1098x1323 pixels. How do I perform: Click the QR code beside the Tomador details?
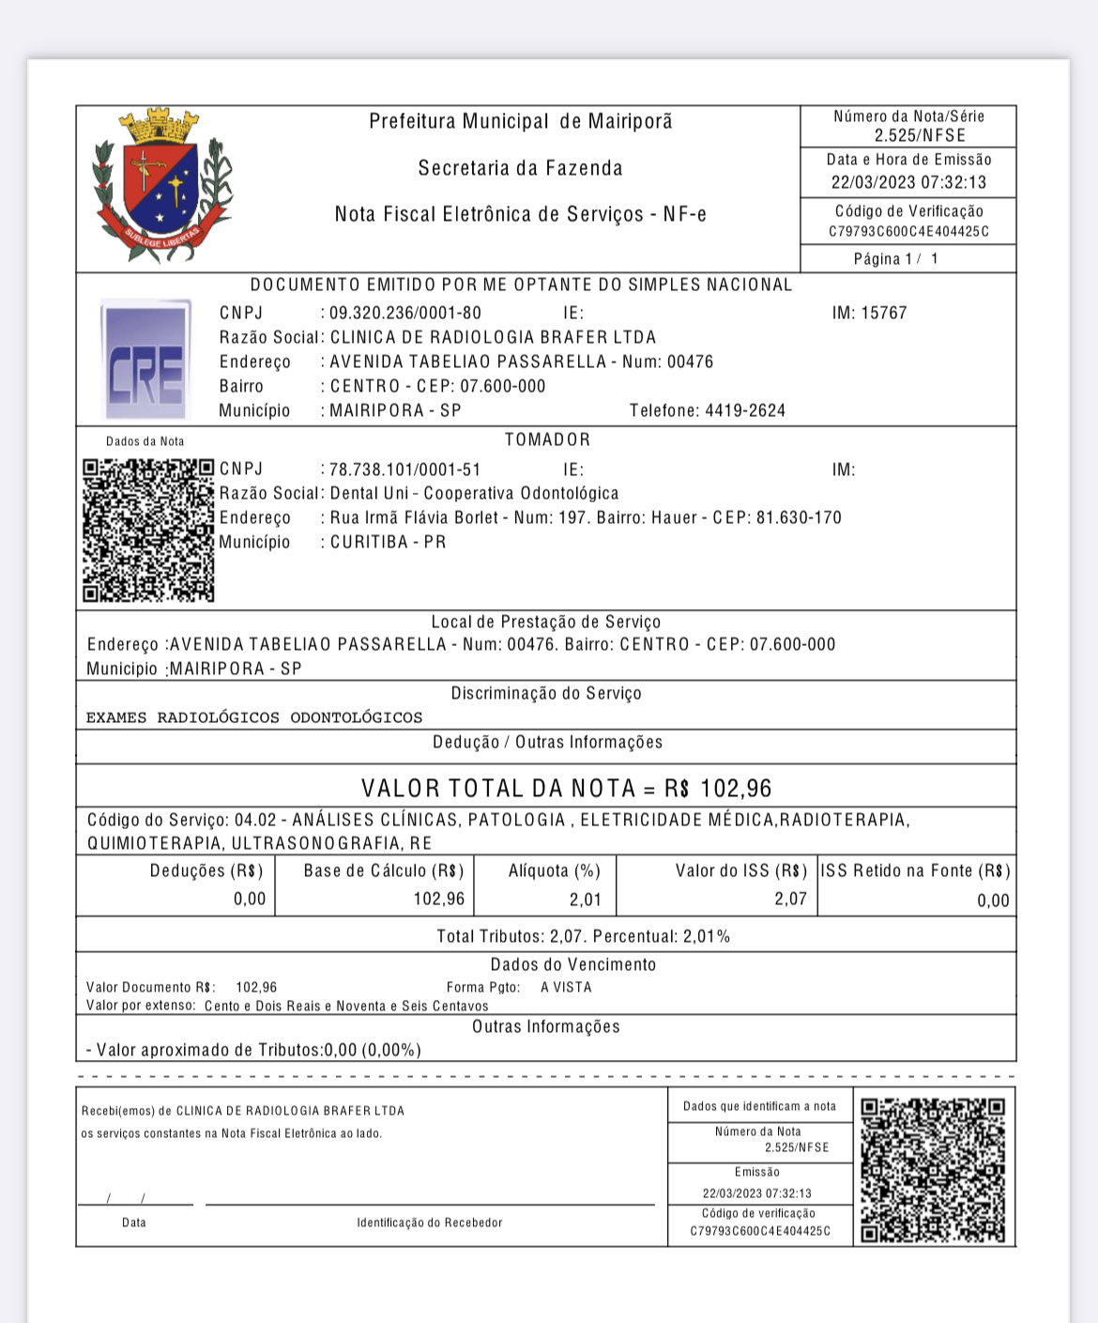pyautogui.click(x=148, y=531)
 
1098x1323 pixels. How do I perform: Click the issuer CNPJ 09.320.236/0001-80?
pyautogui.click(x=405, y=314)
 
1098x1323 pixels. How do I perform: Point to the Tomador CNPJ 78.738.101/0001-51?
pyautogui.click(x=405, y=469)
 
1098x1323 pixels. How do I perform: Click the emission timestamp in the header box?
pyautogui.click(x=908, y=183)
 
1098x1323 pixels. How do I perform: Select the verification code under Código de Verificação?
pyautogui.click(x=908, y=232)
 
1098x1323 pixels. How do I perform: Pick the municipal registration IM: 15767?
pyautogui.click(x=869, y=314)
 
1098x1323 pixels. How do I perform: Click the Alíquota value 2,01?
pyautogui.click(x=585, y=900)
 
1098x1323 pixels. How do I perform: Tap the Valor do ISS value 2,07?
pyautogui.click(x=790, y=900)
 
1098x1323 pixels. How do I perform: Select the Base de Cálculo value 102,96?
pyautogui.click(x=438, y=900)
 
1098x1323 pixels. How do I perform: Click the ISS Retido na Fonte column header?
pyautogui.click(x=915, y=871)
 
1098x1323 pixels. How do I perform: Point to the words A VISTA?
pyautogui.click(x=566, y=988)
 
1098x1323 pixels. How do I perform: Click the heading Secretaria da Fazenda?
pyautogui.click(x=520, y=169)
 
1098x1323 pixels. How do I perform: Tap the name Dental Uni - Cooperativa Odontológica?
pyautogui.click(x=474, y=494)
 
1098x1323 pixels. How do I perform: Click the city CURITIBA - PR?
pyautogui.click(x=388, y=543)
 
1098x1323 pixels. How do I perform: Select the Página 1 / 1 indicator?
pyautogui.click(x=895, y=259)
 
